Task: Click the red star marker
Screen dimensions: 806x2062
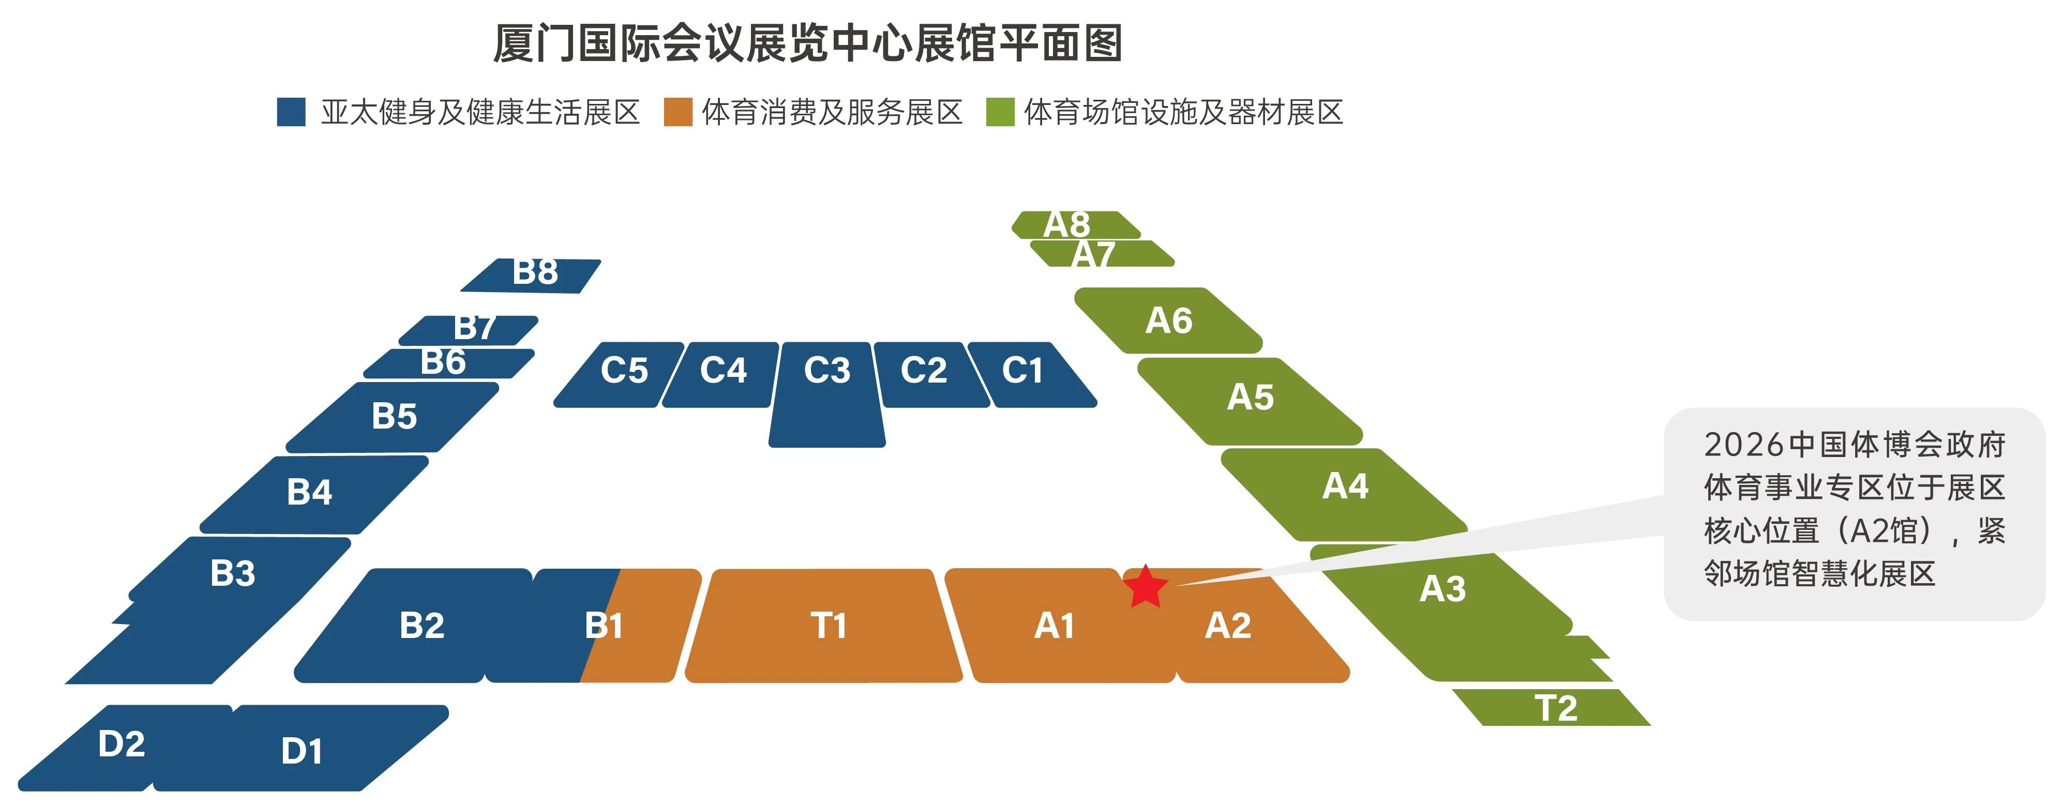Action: click(1146, 587)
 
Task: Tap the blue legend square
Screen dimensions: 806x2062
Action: click(291, 112)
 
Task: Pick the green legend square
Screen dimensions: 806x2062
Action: click(1000, 112)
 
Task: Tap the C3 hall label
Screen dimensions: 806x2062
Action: click(827, 371)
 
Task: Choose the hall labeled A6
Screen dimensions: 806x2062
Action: click(1169, 321)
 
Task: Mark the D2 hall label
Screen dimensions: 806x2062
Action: click(122, 744)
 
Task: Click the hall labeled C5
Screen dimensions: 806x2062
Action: click(624, 371)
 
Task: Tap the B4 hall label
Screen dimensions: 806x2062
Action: click(310, 492)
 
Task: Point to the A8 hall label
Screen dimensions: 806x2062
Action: click(1067, 224)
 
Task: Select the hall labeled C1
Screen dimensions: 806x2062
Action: click(1022, 371)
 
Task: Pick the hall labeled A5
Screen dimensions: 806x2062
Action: click(1251, 397)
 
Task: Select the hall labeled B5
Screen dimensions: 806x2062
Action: click(395, 416)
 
